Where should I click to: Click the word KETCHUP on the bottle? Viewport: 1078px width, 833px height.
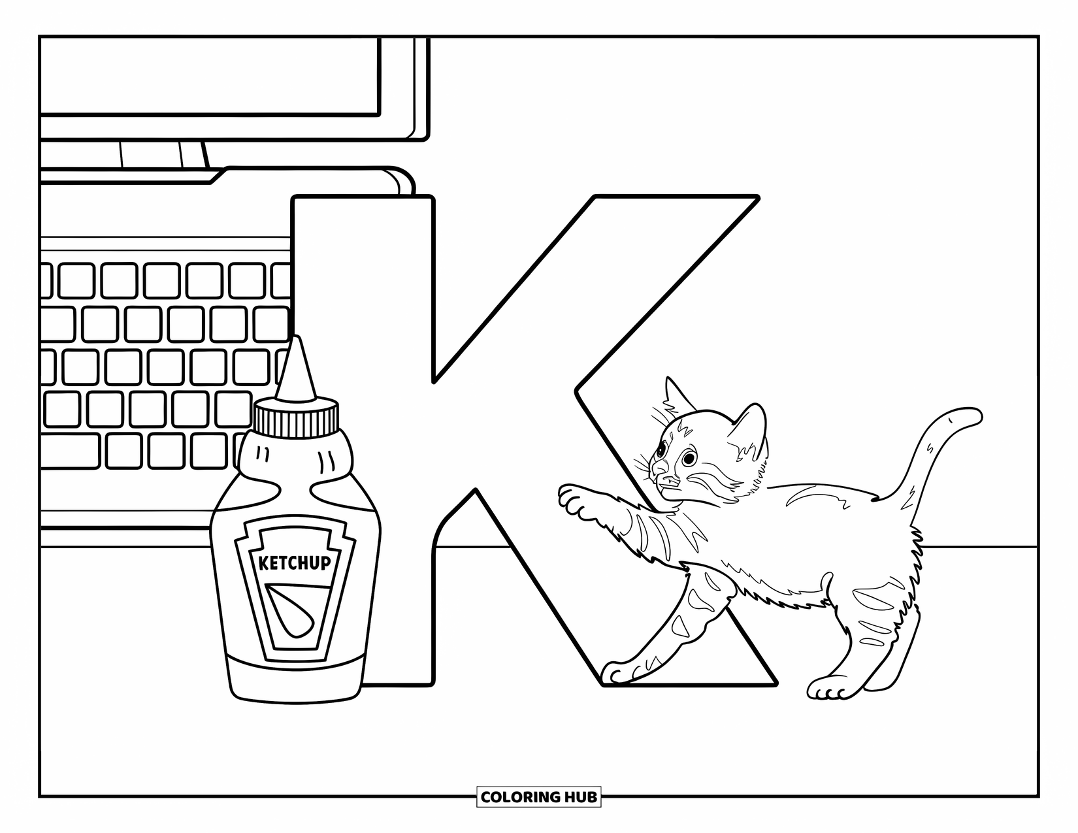(x=295, y=563)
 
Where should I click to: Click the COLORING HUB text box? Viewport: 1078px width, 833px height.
(x=538, y=797)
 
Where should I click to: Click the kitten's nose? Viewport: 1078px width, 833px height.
(x=657, y=469)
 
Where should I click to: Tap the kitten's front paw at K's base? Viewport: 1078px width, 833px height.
(x=617, y=673)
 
